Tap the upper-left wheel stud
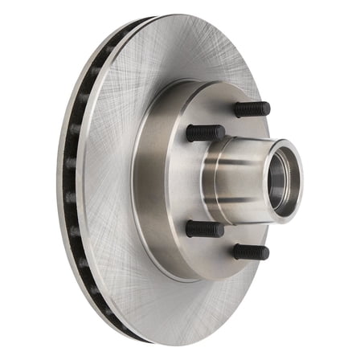[x=205, y=133]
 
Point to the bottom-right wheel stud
[x=251, y=252]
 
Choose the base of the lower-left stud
[x=190, y=228]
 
